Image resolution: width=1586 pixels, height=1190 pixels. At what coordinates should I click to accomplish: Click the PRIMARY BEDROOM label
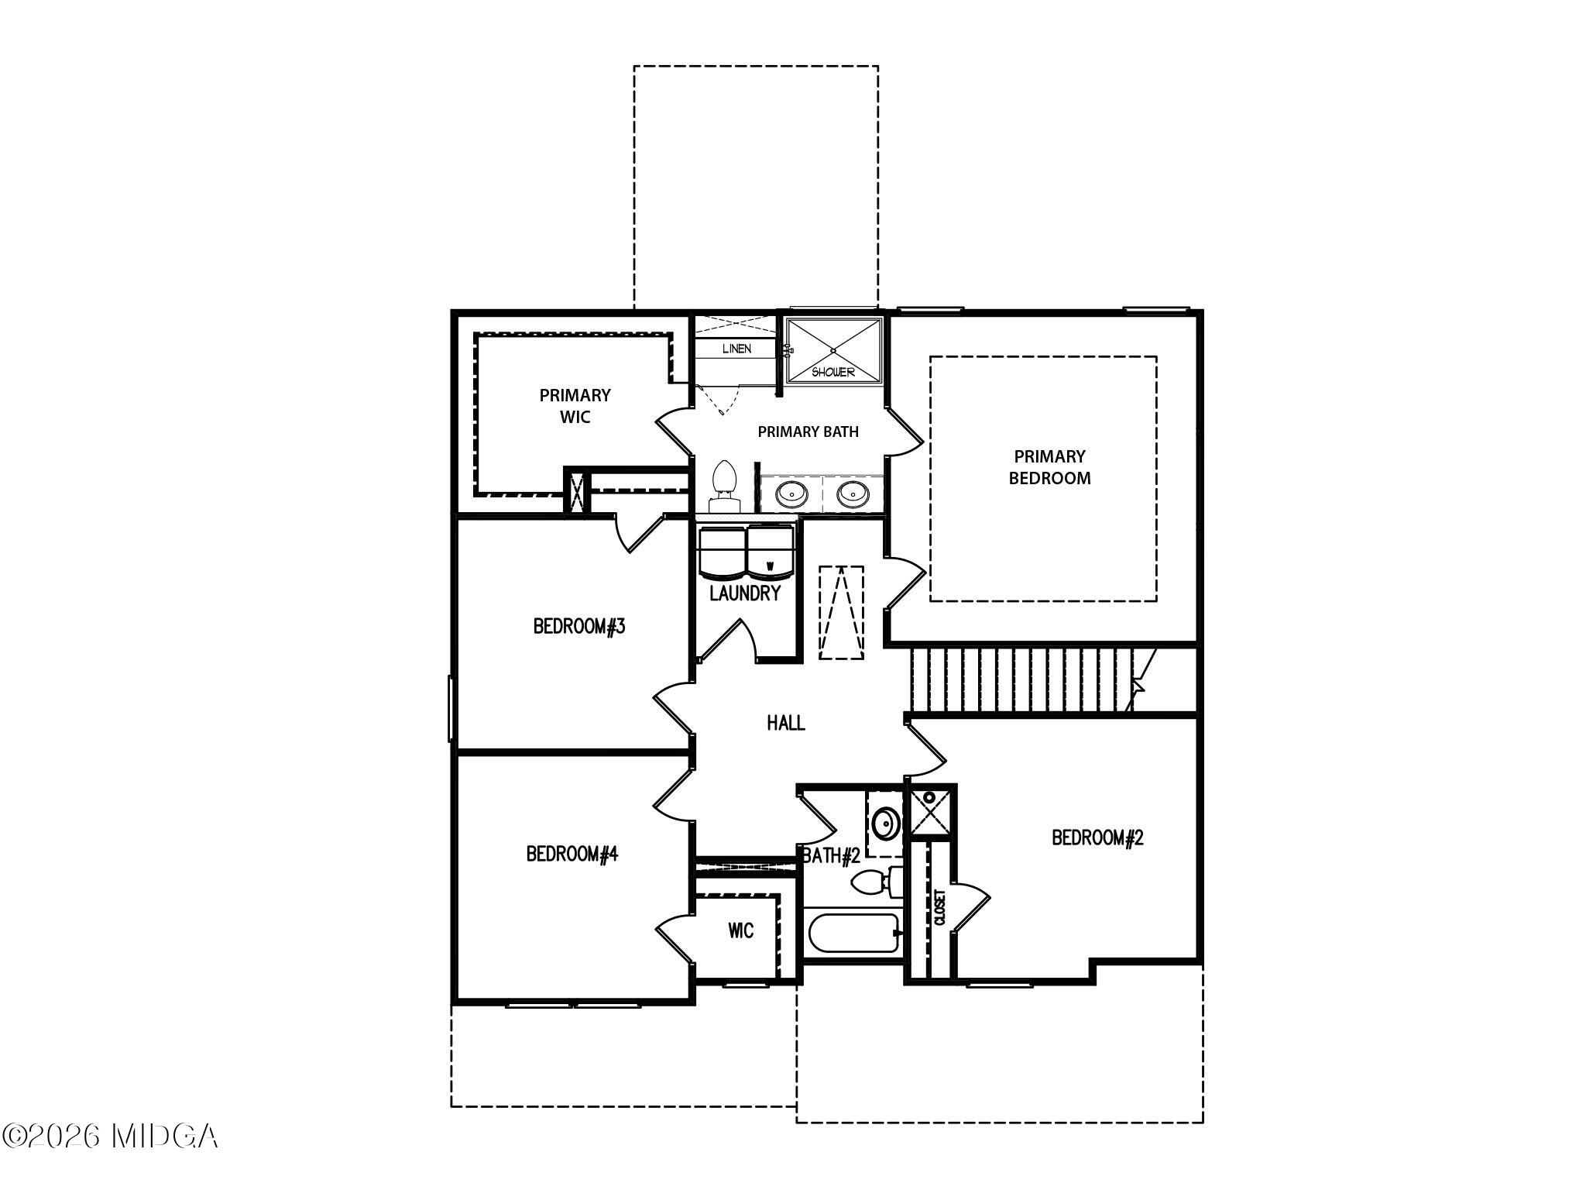coord(1049,467)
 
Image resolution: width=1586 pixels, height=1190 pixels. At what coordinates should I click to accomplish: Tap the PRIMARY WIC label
coord(575,406)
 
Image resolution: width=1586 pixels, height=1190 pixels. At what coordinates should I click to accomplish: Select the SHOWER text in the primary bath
coord(833,372)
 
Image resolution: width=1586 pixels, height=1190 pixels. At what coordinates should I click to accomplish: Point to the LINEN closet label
coord(736,349)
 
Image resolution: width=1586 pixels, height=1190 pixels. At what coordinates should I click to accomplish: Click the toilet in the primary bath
coord(724,484)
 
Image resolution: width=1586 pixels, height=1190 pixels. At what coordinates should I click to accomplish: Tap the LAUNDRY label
coord(745,593)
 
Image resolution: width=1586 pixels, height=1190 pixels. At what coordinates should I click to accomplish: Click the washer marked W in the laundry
coord(770,552)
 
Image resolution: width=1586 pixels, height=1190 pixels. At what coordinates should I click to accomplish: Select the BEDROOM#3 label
coord(579,626)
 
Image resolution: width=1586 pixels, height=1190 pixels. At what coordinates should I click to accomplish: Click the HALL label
coord(785,723)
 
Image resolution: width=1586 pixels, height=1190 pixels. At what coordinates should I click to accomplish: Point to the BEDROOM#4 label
coord(572,854)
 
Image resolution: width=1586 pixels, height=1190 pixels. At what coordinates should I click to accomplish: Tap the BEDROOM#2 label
coord(1097,837)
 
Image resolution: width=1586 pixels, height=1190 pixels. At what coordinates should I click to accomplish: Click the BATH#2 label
coord(832,856)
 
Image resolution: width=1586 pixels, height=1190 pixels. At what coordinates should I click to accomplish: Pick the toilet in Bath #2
coord(875,882)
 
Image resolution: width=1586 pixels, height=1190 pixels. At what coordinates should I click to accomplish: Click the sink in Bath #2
coord(884,823)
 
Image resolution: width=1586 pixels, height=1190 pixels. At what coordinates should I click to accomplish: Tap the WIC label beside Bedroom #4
coord(740,930)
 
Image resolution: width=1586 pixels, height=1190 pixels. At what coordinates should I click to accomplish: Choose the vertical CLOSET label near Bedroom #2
coord(940,907)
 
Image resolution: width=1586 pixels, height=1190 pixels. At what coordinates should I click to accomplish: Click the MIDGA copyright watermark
coord(110,1137)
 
